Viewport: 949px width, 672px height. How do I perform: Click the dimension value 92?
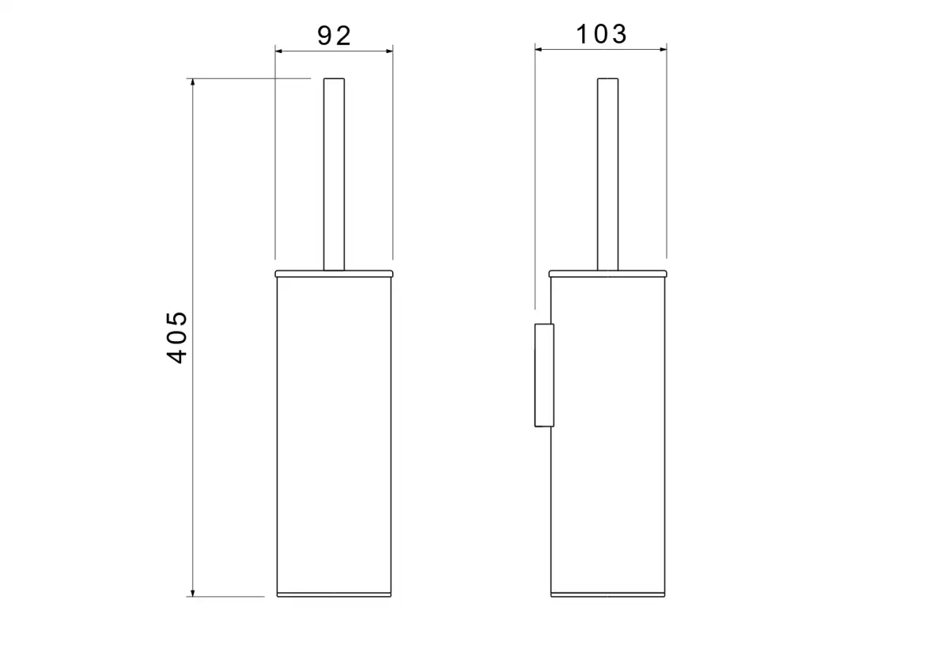(335, 36)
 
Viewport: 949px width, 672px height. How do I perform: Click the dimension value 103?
(601, 34)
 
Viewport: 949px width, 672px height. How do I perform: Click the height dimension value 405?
(176, 337)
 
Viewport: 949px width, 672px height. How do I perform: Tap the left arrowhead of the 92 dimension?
(278, 51)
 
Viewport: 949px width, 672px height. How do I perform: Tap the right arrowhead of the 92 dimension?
(389, 51)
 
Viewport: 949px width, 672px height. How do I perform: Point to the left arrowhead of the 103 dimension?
(539, 50)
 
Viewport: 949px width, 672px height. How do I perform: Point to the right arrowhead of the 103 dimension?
(663, 50)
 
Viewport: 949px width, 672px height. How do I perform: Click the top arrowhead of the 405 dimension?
(193, 82)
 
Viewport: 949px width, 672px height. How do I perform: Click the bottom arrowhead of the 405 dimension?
(193, 593)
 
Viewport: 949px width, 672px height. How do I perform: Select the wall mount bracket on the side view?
(544, 375)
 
